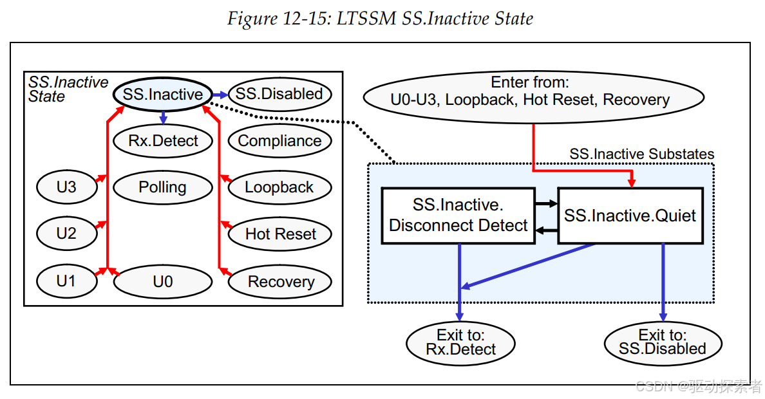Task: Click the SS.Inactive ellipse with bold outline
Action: coord(163,94)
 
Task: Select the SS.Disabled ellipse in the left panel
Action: coord(279,94)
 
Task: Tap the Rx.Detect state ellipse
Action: coord(163,141)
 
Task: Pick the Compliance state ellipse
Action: coord(279,141)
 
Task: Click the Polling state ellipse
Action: coord(163,187)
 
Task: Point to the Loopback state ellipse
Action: coord(279,187)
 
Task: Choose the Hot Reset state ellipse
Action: coord(279,234)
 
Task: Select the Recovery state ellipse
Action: coord(279,281)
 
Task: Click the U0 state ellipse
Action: coord(163,281)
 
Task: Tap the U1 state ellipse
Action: coord(67,281)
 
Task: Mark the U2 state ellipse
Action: coord(67,234)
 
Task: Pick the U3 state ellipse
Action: coord(67,187)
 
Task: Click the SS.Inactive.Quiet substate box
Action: coord(630,216)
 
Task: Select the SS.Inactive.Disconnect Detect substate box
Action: coord(458,216)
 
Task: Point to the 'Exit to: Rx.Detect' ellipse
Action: coord(460,344)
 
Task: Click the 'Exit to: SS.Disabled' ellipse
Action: coord(663,344)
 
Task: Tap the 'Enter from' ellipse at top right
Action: coord(534,97)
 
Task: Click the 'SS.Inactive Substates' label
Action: coord(641,154)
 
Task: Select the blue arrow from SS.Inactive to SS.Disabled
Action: coord(220,95)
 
